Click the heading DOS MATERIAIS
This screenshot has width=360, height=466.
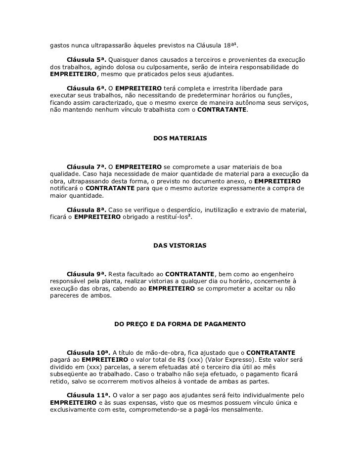point(180,138)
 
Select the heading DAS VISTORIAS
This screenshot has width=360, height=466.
point(180,245)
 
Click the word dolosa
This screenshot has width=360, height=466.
point(125,67)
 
